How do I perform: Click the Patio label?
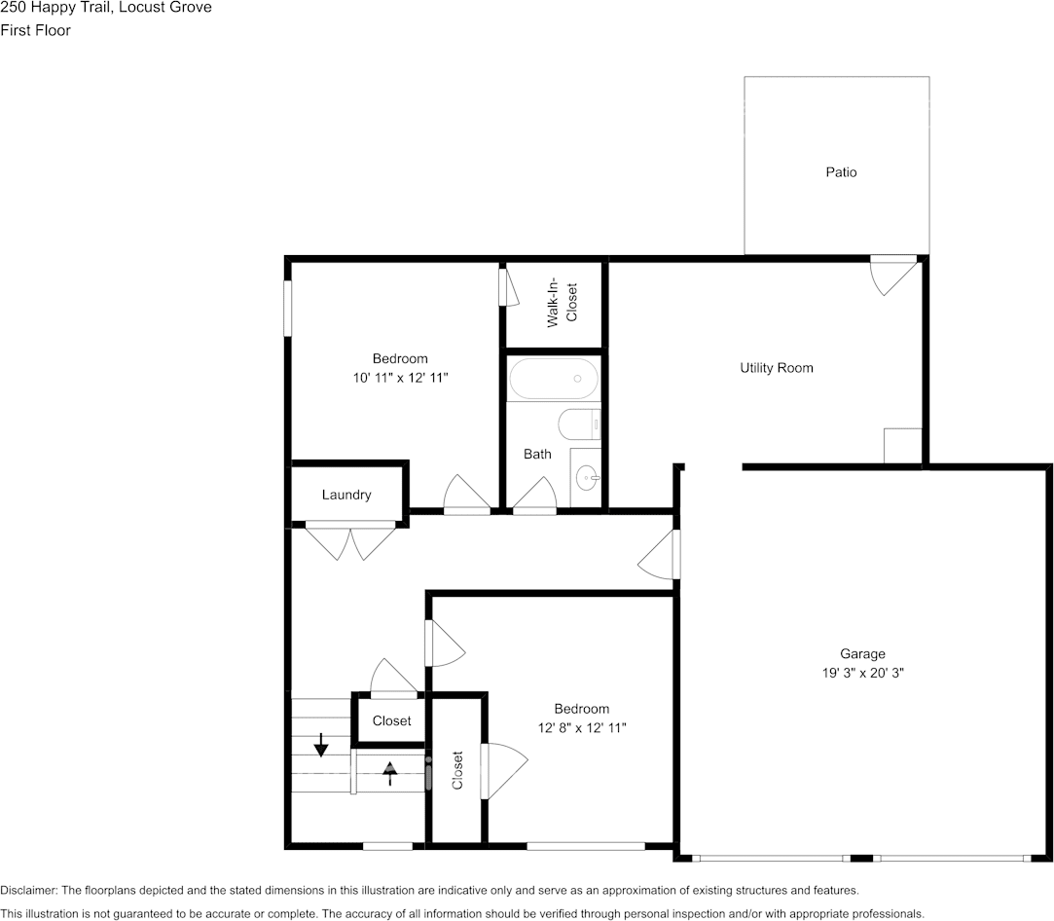click(x=841, y=172)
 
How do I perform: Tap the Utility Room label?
click(x=777, y=368)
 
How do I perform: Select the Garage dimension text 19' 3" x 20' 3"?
click(x=862, y=673)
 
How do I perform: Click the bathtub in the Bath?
click(x=553, y=379)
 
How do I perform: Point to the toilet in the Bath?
click(x=579, y=424)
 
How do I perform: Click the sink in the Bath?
click(x=587, y=479)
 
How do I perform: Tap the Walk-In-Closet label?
click(x=562, y=302)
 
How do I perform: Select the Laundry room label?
click(x=346, y=495)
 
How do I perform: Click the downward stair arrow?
click(x=321, y=745)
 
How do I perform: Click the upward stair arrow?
click(x=390, y=773)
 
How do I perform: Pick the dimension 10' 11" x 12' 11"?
click(x=400, y=378)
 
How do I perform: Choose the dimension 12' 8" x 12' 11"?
click(x=581, y=727)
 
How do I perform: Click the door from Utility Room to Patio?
click(x=893, y=274)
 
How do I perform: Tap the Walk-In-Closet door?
click(x=508, y=287)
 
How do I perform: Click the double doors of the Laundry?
click(x=350, y=540)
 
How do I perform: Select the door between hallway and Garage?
click(x=660, y=554)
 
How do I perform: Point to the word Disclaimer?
click(x=28, y=890)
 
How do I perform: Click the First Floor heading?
click(x=35, y=30)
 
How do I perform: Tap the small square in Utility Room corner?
click(x=902, y=446)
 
